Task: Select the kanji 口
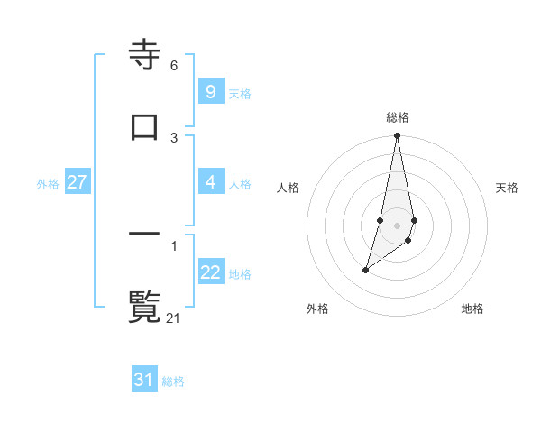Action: click(x=144, y=126)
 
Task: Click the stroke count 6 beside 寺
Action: click(x=174, y=66)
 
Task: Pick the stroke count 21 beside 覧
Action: click(x=174, y=317)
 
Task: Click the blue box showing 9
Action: click(x=210, y=91)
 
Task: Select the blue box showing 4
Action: click(x=210, y=182)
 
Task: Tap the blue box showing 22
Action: click(x=210, y=272)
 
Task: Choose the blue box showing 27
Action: click(x=77, y=182)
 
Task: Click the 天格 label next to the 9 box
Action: click(x=240, y=93)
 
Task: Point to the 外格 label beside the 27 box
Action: click(x=48, y=183)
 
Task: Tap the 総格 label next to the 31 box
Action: click(x=173, y=382)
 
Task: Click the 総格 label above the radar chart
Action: click(x=398, y=117)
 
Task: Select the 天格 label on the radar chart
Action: click(x=507, y=188)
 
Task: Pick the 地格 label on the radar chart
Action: click(x=472, y=309)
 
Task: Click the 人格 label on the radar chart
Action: click(x=289, y=188)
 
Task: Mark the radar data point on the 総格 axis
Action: click(x=398, y=136)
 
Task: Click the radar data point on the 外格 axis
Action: click(x=365, y=270)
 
